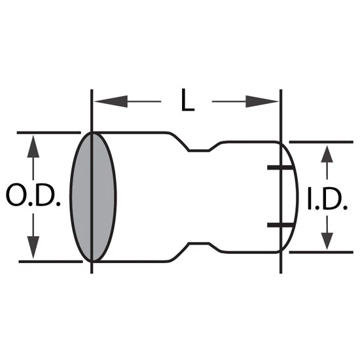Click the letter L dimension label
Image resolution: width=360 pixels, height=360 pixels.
pos(188,100)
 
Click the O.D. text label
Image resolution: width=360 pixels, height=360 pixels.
pos(33,194)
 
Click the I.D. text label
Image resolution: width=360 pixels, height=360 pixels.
pos(327,198)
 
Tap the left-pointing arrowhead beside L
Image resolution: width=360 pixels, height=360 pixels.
pos(111,101)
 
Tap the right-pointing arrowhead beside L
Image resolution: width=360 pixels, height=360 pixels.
pos(262,101)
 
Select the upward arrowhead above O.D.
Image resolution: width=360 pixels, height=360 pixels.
pos(33,146)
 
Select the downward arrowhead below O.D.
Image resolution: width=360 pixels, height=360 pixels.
pos(33,247)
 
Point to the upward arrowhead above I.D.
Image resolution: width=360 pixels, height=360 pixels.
pos(327,154)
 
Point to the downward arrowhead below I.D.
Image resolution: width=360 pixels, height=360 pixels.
pos(327,241)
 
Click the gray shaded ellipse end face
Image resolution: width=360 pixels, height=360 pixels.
pos(93,197)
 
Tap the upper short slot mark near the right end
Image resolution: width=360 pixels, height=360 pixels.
pos(280,168)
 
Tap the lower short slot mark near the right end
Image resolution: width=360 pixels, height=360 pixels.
pos(280,225)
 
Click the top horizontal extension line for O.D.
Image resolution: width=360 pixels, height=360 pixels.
pos(49,133)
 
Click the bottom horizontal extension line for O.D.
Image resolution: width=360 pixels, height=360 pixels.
pos(50,262)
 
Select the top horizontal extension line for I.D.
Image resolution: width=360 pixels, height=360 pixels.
pos(321,142)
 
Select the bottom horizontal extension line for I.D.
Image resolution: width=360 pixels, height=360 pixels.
pos(321,252)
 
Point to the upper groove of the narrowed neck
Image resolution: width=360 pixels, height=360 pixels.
pos(199,151)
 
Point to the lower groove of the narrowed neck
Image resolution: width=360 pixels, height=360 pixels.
pos(199,243)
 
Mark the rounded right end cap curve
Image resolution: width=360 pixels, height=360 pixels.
pos(298,198)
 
